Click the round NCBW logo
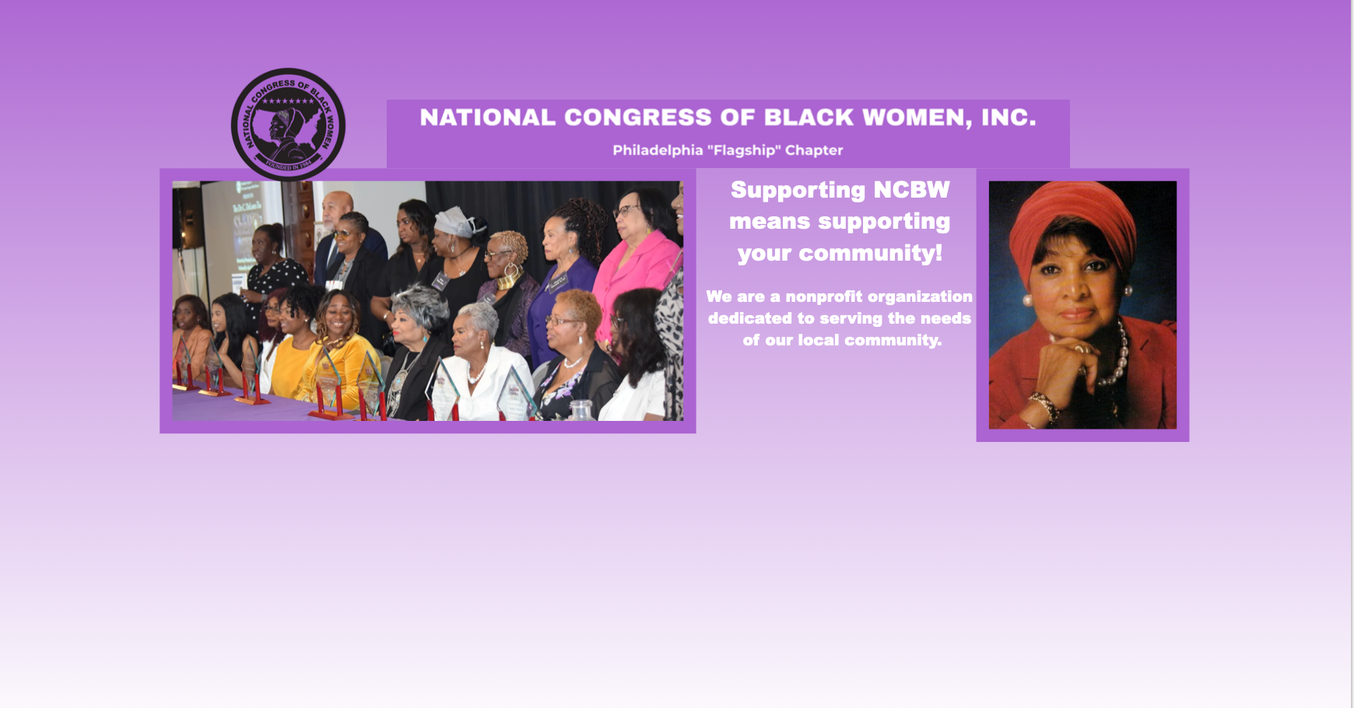click(288, 124)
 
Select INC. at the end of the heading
click(1008, 117)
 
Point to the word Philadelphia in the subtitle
click(658, 150)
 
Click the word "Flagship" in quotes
click(743, 150)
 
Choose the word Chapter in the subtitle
click(814, 150)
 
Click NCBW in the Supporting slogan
click(911, 190)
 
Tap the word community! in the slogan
click(871, 253)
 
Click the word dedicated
click(750, 318)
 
